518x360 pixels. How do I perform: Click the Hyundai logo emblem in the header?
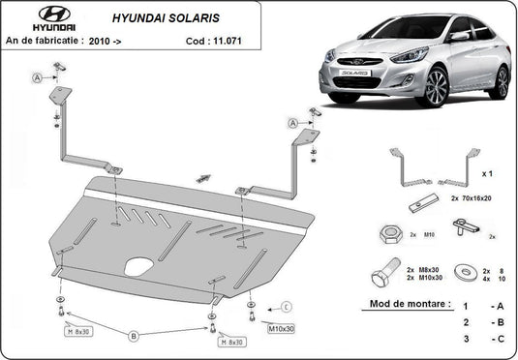pos(54,15)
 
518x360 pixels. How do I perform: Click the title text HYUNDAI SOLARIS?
pos(166,18)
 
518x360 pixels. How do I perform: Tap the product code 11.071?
pos(228,41)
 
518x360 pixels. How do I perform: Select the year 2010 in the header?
pos(99,42)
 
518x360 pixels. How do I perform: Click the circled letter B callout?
pos(134,336)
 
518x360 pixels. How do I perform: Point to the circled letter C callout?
pos(287,307)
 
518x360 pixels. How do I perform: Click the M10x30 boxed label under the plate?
pos(281,329)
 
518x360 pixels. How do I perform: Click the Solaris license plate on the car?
pos(354,73)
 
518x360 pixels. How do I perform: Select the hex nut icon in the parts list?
pos(391,235)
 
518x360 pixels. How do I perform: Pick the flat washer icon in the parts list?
pos(466,272)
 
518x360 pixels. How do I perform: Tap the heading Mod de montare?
pos(411,304)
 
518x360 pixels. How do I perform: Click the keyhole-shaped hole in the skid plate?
pos(138,266)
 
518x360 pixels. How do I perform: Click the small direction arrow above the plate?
pos(203,178)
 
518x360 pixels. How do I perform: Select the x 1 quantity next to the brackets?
pos(487,174)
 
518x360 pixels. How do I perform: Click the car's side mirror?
pos(459,36)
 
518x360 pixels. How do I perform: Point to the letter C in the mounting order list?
pos(501,339)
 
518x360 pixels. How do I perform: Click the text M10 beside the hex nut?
pos(429,235)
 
